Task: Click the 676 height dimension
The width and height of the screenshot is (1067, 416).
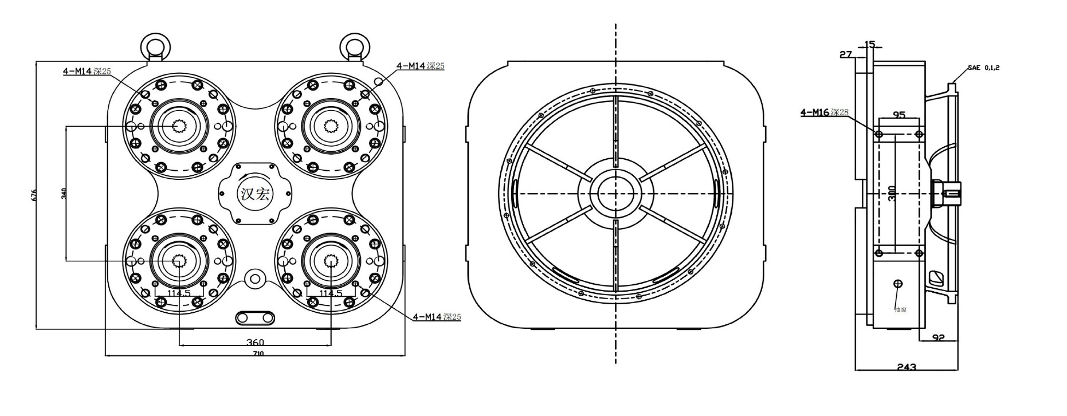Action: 33,195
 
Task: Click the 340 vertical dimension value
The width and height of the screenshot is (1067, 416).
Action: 63,194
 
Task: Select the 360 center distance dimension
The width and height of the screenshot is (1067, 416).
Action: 255,342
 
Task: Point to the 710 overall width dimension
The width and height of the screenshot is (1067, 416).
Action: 258,354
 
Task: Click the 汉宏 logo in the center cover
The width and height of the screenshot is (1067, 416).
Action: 255,194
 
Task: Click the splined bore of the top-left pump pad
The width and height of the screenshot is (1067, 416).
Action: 179,126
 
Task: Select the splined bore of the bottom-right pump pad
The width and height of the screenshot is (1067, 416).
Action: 331,261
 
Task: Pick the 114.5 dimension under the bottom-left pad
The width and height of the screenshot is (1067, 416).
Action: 179,293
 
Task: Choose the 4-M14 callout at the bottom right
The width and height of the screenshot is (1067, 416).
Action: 437,316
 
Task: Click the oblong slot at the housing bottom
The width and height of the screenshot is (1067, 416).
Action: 256,317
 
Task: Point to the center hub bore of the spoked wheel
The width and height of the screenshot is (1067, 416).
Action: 615,194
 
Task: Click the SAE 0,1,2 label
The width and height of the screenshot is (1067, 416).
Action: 984,68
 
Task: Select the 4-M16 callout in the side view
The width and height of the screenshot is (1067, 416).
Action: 824,112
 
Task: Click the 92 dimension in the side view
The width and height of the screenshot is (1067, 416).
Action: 938,337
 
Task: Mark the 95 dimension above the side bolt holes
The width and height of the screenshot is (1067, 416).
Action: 899,115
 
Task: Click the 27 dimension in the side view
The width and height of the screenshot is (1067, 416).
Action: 846,54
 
